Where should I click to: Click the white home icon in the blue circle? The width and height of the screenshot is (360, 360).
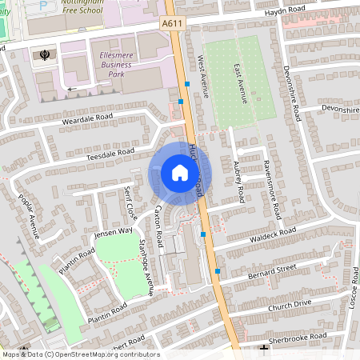(x=180, y=172)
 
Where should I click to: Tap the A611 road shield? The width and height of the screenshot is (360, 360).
(x=174, y=26)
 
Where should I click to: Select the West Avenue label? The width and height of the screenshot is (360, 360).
(x=202, y=77)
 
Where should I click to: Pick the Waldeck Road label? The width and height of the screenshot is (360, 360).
(x=273, y=231)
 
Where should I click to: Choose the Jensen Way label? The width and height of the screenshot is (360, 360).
(x=113, y=233)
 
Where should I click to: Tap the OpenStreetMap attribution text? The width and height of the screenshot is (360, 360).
(x=80, y=354)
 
